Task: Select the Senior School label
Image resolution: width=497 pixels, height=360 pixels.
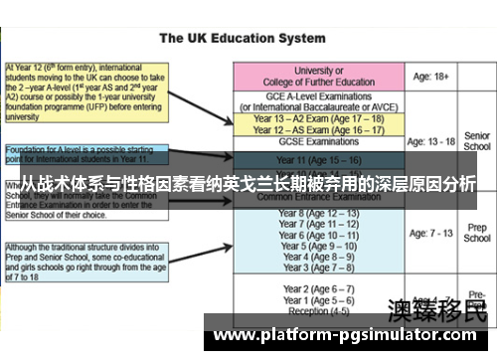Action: tap(477, 140)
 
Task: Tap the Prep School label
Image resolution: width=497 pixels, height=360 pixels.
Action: tap(477, 233)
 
